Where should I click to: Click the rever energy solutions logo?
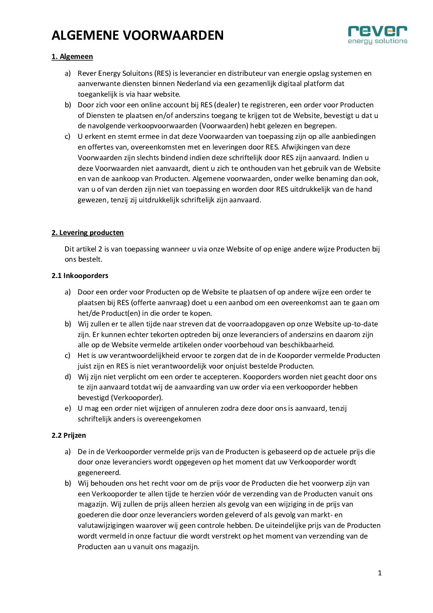tap(377, 35)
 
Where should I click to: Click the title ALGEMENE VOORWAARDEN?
tap(138, 36)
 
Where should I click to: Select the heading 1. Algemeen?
tap(72, 57)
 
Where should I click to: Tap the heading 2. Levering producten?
tap(88, 233)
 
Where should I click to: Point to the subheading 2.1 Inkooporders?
tap(80, 276)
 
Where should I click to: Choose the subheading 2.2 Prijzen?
tap(69, 435)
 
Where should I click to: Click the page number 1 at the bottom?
tap(379, 573)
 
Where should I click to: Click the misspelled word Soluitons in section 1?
tap(137, 73)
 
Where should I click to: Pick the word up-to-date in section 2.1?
tap(360, 324)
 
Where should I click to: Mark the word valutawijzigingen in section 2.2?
tap(107, 525)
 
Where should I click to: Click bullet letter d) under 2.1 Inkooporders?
tap(68, 377)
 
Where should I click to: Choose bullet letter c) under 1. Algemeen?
tap(68, 136)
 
